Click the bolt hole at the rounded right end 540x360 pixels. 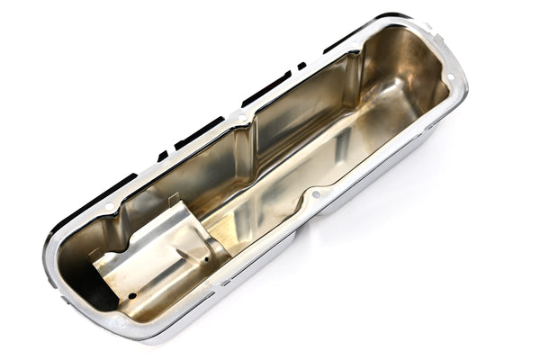(450, 78)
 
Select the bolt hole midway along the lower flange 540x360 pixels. (315, 193)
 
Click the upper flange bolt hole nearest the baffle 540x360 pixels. (109, 207)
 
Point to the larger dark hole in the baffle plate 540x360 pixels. (131, 295)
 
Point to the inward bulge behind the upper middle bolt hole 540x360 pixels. (250, 135)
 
